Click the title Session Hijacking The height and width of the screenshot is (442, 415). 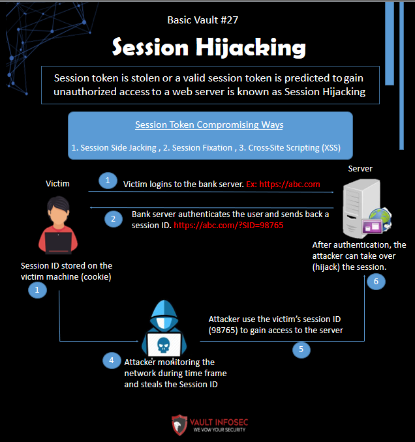coord(208,47)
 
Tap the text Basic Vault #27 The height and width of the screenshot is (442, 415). coord(203,20)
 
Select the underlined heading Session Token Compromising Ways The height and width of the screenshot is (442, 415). coord(209,125)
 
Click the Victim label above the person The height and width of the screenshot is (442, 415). coord(57,184)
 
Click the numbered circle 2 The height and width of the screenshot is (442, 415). coord(113,218)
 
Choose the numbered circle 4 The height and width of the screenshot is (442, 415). coord(111,359)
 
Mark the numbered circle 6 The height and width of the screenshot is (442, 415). coord(375,282)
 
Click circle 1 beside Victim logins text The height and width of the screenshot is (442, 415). coord(107,180)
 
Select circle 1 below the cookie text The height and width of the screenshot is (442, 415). coord(37,291)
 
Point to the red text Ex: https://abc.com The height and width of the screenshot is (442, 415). coord(283,184)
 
